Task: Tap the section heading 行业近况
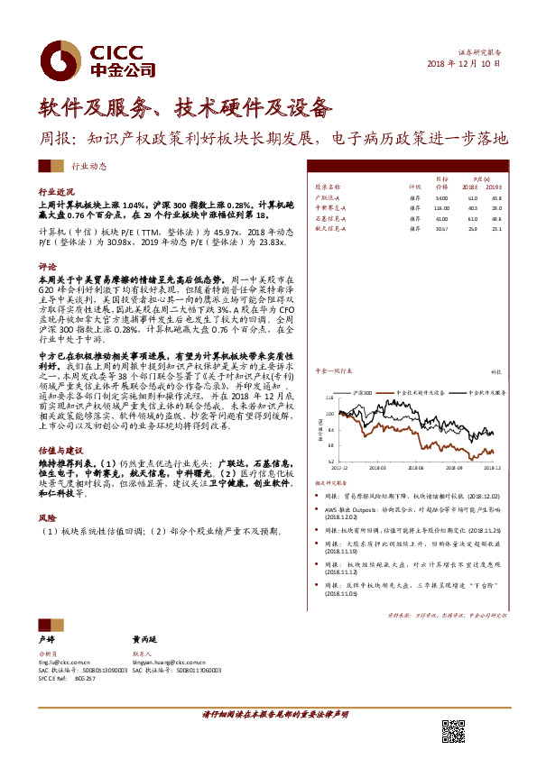coord(54,193)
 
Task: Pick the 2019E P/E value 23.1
coord(495,230)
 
